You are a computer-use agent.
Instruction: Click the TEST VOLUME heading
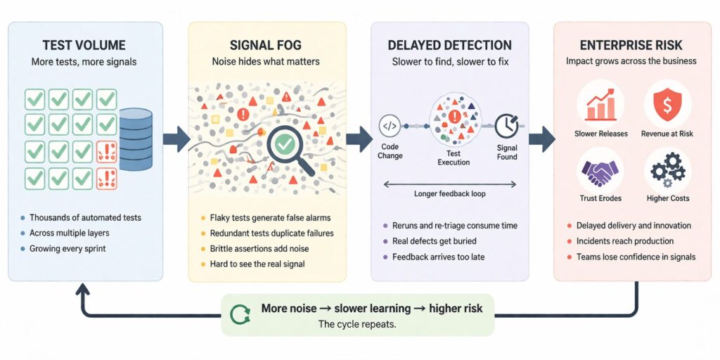tap(85, 46)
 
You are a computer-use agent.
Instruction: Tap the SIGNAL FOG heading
tap(266, 46)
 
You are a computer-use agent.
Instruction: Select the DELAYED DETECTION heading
tap(450, 46)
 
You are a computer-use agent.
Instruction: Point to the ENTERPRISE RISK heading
tap(631, 46)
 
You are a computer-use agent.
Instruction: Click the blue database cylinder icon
tap(136, 139)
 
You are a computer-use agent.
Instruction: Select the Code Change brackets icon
tap(390, 126)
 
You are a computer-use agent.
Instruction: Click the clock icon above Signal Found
tap(506, 126)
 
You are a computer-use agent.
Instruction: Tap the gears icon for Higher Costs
tap(667, 169)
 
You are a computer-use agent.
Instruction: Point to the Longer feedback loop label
tap(450, 193)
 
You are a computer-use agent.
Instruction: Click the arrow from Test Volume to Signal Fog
tap(176, 139)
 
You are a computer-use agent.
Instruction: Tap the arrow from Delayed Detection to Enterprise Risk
tap(541, 139)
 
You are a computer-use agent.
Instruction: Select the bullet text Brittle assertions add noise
tap(259, 249)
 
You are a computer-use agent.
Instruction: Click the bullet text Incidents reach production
tap(626, 241)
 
